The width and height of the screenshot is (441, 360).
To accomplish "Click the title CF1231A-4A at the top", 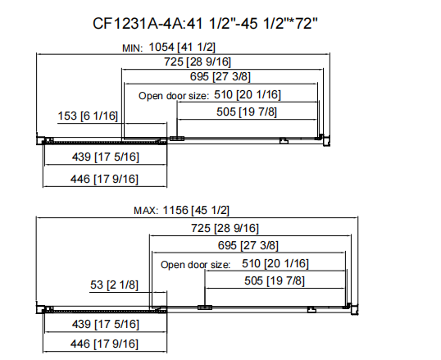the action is (x=138, y=24).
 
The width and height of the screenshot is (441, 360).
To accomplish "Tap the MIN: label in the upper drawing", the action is (x=133, y=48).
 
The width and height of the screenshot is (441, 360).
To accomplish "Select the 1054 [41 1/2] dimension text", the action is (x=182, y=47).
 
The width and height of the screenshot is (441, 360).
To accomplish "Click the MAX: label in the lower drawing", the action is (x=146, y=211).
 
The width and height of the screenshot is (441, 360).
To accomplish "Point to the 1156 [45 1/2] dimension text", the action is (x=196, y=210).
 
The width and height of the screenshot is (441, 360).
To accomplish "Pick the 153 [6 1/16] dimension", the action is (x=88, y=116).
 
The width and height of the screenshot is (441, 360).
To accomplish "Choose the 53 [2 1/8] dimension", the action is (x=114, y=285).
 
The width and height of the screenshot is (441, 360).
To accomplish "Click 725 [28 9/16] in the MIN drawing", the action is (x=198, y=62).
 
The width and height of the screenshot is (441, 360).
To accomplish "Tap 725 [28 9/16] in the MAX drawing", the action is (x=225, y=228).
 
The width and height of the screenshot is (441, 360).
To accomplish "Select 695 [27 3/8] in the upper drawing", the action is (x=220, y=76).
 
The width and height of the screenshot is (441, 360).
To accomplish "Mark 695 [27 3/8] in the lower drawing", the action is (x=248, y=246).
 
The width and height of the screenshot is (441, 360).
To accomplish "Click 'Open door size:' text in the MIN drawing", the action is (x=174, y=96).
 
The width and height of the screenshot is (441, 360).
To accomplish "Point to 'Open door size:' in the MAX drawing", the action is (x=195, y=265).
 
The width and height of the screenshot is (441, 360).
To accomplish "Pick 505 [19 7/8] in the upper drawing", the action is (x=247, y=112).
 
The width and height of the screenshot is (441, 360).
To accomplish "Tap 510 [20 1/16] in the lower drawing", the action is (x=275, y=264).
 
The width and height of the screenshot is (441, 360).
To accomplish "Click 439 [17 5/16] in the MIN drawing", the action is (x=106, y=157).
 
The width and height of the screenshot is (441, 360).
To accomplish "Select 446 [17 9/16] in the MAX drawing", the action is (x=104, y=344).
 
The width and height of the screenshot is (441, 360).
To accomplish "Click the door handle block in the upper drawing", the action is (x=177, y=139).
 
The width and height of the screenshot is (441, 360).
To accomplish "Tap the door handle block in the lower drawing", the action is (x=205, y=308).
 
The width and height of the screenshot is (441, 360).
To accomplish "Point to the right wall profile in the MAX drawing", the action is (x=354, y=309).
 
